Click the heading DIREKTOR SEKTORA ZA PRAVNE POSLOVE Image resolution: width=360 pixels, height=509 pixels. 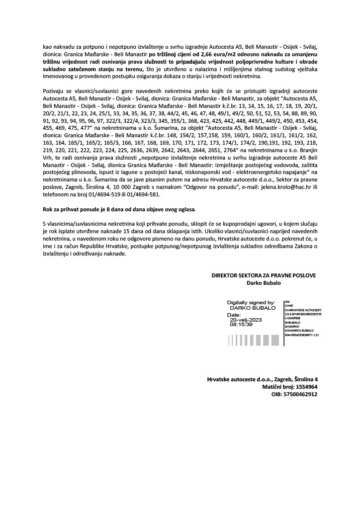click(264, 275)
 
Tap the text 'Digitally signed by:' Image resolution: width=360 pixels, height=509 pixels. click(251, 302)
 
